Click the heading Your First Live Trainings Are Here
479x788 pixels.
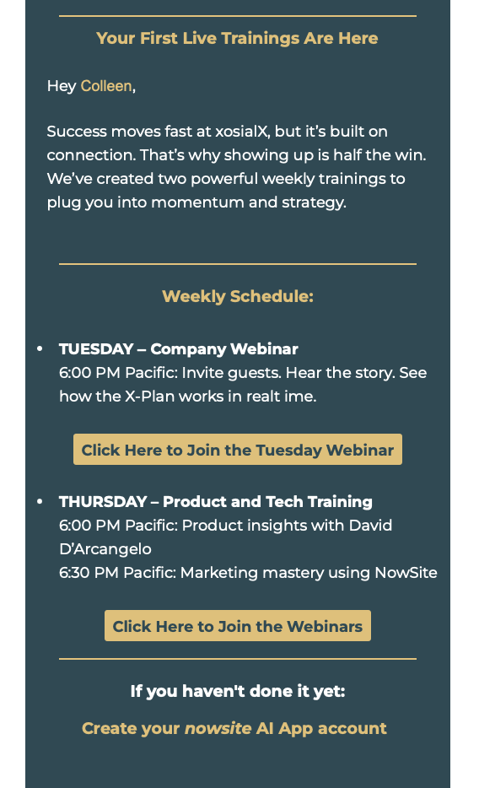(x=237, y=38)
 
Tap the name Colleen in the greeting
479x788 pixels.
(x=106, y=86)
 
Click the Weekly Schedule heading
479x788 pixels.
(x=238, y=296)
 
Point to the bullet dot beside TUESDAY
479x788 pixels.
(x=40, y=348)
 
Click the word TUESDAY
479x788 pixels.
(x=96, y=348)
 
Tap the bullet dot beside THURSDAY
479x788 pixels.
(x=40, y=501)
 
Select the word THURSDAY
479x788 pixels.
(x=102, y=501)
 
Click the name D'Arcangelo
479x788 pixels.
(x=105, y=548)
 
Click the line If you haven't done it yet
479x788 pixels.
(x=238, y=691)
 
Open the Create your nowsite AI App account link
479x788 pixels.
(x=234, y=728)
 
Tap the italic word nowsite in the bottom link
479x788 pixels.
(x=218, y=728)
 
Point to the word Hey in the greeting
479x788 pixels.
(x=62, y=86)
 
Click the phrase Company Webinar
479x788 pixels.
(x=224, y=349)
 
